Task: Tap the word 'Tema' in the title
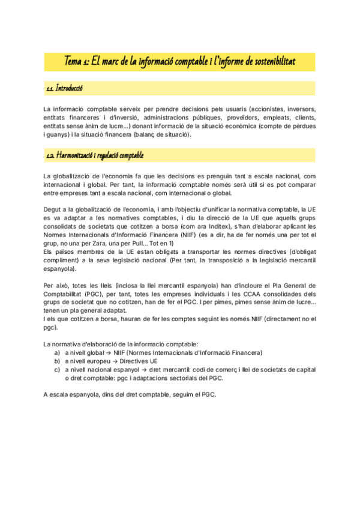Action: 74,62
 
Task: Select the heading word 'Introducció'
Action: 69,89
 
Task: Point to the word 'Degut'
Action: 53,209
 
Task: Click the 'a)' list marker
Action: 58,353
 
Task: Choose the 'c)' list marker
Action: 58,370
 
